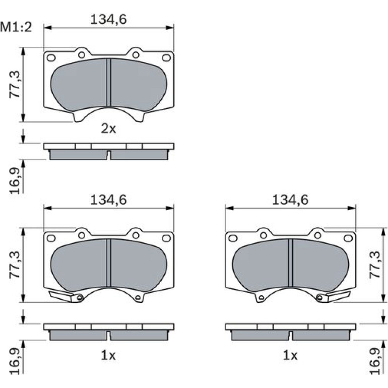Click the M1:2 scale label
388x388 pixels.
coord(16,27)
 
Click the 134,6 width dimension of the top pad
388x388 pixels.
coord(108,19)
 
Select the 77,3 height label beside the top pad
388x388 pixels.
coord(15,84)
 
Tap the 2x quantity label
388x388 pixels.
coord(108,128)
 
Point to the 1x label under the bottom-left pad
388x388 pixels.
coord(108,355)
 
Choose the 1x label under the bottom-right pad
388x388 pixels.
coord(290,355)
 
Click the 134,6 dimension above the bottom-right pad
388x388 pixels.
coord(290,200)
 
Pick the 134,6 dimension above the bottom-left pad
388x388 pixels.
coord(108,200)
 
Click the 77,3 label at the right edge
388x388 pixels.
coord(374,265)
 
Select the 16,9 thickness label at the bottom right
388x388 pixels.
coord(374,361)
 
